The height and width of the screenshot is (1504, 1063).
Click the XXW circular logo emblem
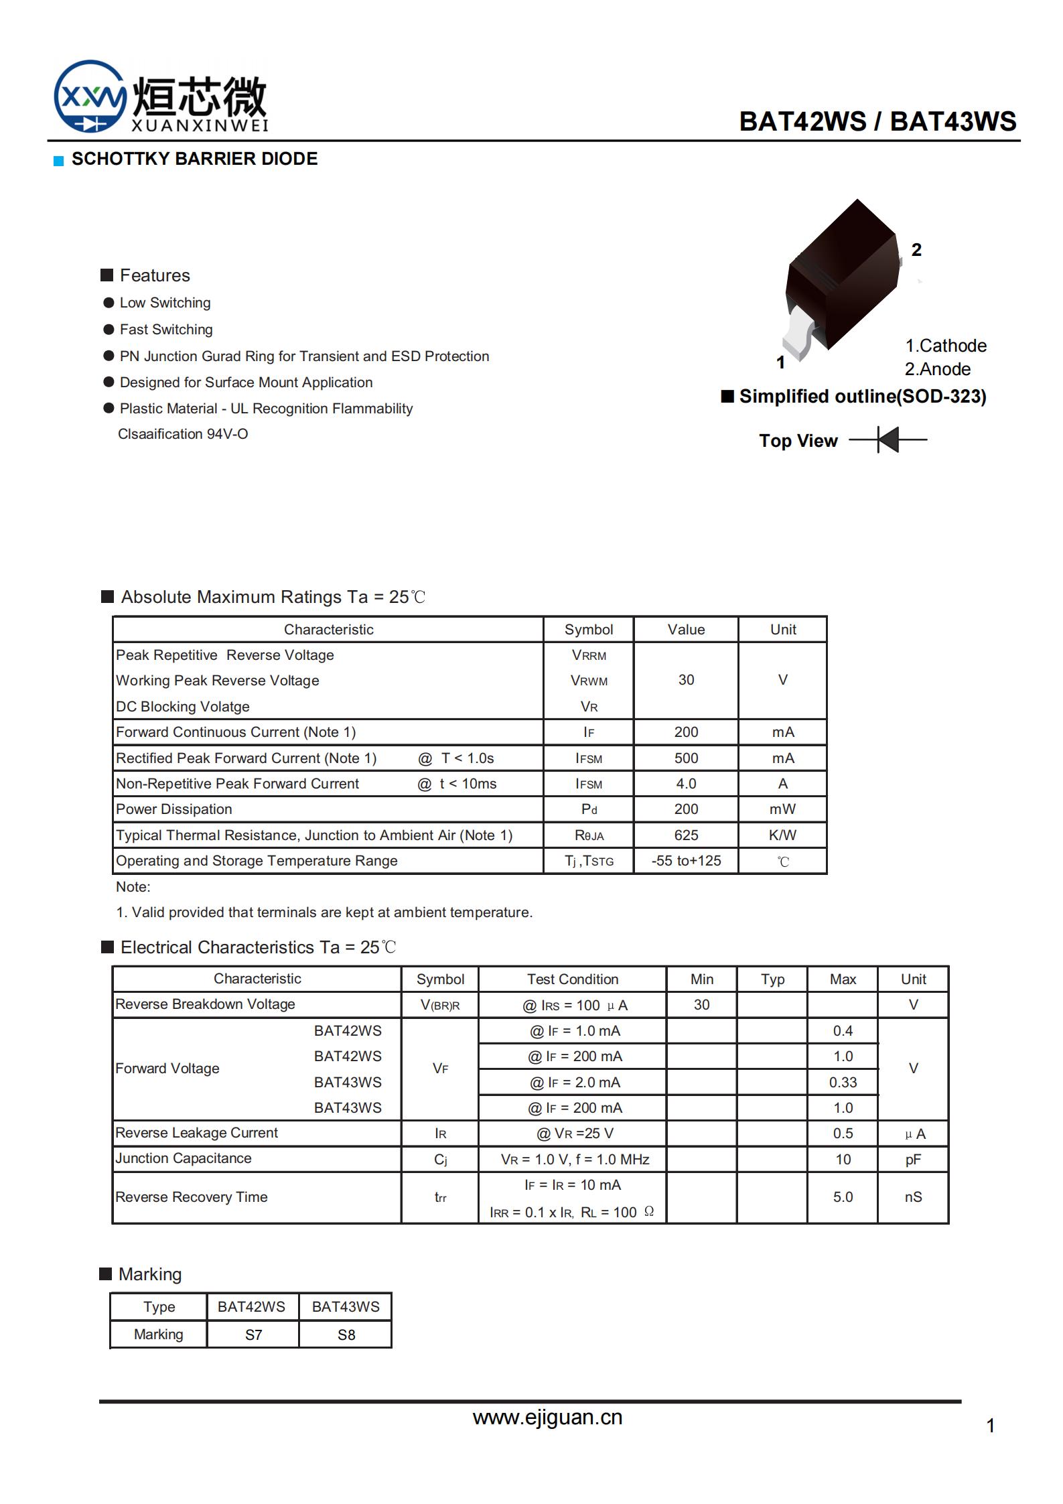pyautogui.click(x=90, y=96)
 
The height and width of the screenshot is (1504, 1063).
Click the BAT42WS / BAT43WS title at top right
pyautogui.click(x=877, y=121)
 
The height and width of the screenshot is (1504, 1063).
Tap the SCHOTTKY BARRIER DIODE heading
pyautogui.click(x=194, y=159)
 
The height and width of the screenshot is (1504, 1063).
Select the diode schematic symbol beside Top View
pyautogui.click(x=888, y=440)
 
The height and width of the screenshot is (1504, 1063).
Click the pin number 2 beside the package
pyautogui.click(x=916, y=250)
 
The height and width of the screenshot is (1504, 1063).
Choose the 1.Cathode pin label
pyautogui.click(x=945, y=346)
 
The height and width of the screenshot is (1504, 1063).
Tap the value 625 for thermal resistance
pyautogui.click(x=686, y=835)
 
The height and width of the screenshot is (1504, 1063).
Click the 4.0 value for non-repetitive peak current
pyautogui.click(x=686, y=784)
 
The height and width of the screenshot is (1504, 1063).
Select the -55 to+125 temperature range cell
pyautogui.click(x=686, y=861)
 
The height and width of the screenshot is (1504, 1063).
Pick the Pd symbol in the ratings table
pyautogui.click(x=589, y=809)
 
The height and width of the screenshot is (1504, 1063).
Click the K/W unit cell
pyautogui.click(x=782, y=835)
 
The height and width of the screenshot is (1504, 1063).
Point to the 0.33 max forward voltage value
pyautogui.click(x=843, y=1083)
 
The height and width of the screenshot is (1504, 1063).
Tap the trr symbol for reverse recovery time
pyautogui.click(x=440, y=1197)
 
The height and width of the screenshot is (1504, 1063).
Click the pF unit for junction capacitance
pyautogui.click(x=913, y=1160)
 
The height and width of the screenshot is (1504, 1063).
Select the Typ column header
pyautogui.click(x=772, y=979)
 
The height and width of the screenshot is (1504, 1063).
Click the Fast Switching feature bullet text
pyautogui.click(x=166, y=330)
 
